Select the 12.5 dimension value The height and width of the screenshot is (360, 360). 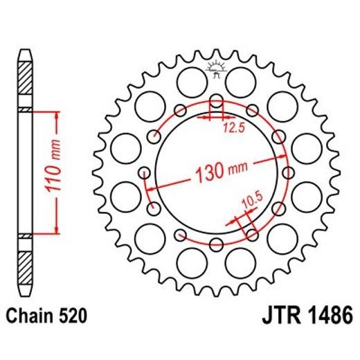[x=233, y=127]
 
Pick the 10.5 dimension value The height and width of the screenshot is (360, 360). [x=251, y=201]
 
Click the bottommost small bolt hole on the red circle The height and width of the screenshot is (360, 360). [x=215, y=242]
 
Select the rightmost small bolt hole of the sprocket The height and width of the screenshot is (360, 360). [x=286, y=172]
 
